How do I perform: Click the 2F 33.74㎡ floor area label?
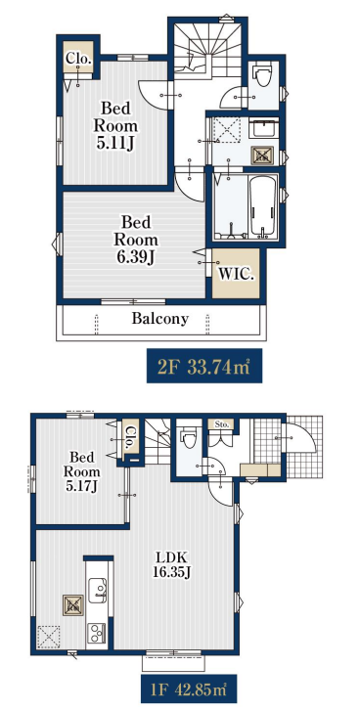(204, 366)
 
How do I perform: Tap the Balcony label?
(160, 319)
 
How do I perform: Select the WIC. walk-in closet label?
(236, 275)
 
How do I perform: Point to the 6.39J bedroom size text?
(136, 257)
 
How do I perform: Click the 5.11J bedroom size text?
(115, 143)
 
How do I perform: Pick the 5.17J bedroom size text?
(82, 487)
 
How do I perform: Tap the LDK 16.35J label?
(172, 564)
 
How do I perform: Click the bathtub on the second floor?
(262, 206)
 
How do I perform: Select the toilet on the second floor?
(263, 74)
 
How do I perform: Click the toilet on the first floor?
(188, 438)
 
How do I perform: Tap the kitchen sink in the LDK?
(98, 591)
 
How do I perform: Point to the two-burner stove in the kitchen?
(97, 631)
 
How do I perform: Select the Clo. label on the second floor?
(78, 58)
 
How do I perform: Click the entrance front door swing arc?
(302, 437)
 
